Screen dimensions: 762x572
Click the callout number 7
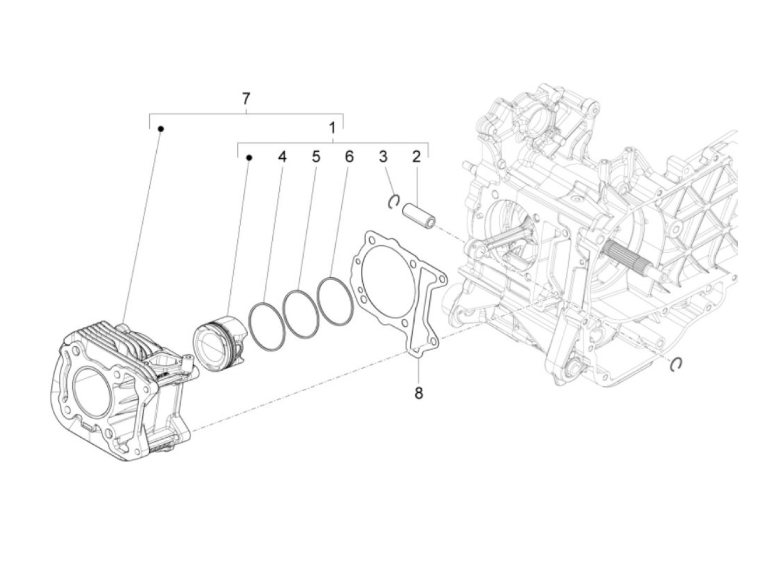[246, 99]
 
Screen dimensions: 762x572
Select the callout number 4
[282, 157]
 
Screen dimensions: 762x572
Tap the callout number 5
[316, 157]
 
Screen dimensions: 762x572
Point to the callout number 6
[349, 157]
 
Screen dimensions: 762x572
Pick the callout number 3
[383, 157]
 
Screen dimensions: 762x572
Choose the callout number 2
[416, 157]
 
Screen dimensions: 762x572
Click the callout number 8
[419, 393]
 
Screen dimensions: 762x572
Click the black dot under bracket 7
[161, 129]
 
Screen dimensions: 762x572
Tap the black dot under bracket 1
[249, 158]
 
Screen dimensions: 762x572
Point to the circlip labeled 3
[395, 202]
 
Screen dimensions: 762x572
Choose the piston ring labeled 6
[335, 302]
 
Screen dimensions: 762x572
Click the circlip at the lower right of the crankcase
[677, 364]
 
